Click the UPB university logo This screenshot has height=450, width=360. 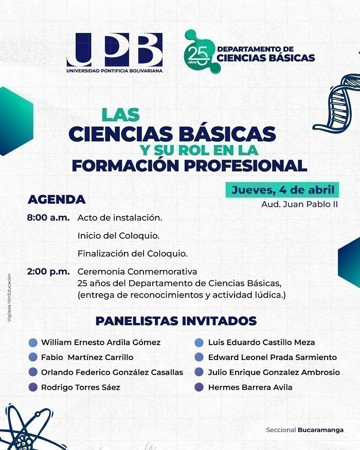[x=115, y=52]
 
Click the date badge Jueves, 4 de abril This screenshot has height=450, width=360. [x=282, y=190]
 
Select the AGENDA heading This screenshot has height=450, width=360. [x=57, y=200]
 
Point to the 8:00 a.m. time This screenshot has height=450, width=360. [x=48, y=218]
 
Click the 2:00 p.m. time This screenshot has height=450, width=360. [x=48, y=272]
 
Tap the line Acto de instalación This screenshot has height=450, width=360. [x=120, y=218]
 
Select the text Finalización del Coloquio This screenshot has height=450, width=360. [x=132, y=254]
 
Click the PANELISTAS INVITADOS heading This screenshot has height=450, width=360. [x=176, y=321]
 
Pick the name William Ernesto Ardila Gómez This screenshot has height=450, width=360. [x=101, y=343]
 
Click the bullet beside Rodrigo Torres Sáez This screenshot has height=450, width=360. [x=33, y=387]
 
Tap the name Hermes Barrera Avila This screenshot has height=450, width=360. [x=250, y=387]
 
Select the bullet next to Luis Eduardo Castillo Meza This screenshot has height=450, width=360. [x=199, y=343]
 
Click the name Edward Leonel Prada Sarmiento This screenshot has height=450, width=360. [x=273, y=357]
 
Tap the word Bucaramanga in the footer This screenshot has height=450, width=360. [x=320, y=430]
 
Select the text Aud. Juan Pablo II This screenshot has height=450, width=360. [x=299, y=204]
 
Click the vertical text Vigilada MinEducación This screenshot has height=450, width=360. [x=9, y=298]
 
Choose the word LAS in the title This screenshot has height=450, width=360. [x=120, y=115]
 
